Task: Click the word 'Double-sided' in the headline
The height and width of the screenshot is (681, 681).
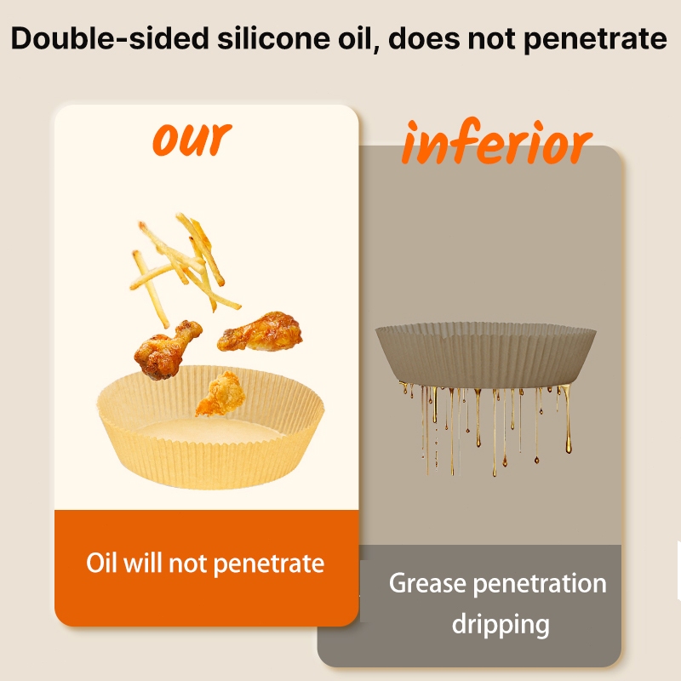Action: coord(110,38)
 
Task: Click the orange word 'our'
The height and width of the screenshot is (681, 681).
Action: coord(192,138)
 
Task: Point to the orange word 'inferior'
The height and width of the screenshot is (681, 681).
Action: coord(497,142)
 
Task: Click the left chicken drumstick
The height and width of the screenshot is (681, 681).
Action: coord(166,349)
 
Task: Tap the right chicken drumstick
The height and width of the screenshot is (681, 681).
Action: coord(260,331)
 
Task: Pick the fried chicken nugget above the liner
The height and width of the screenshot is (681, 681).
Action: coord(219,393)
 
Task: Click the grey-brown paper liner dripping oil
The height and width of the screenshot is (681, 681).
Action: coord(485,355)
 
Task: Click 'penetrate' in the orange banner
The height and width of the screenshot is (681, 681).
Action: coord(269,564)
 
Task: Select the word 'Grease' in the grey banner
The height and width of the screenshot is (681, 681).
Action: coord(427,583)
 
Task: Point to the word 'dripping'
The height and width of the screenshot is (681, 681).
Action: coord(501,625)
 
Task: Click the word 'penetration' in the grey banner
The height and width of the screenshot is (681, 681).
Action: coord(540,584)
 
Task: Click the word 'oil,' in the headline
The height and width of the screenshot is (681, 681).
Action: coord(358,38)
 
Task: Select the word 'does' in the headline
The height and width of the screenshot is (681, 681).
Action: coord(424,38)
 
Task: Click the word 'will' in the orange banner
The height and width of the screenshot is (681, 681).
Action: coord(143,563)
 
